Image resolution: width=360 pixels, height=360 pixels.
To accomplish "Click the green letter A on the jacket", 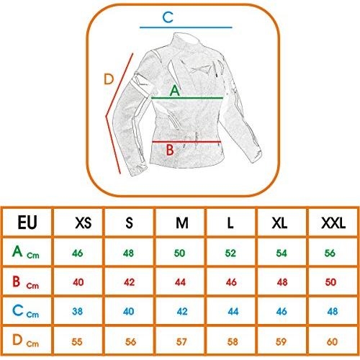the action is [175, 91].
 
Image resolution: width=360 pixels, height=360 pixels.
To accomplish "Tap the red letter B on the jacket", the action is [170, 150].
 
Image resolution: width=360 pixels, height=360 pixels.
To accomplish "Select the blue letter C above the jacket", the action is [168, 17].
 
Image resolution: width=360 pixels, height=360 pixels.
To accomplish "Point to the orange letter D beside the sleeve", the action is [109, 79].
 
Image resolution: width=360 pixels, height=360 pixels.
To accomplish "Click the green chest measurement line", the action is [187, 98].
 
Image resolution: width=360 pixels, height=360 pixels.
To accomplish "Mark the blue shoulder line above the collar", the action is [186, 27].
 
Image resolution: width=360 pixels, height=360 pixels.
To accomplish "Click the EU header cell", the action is [27, 222].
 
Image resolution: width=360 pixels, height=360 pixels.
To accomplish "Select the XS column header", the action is [84, 223].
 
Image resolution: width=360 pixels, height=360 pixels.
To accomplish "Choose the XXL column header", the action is [333, 223].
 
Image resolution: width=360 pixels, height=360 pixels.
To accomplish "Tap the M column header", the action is [182, 223].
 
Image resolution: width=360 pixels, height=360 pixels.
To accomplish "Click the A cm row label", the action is [26, 252].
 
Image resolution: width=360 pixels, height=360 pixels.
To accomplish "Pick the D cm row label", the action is [25, 341].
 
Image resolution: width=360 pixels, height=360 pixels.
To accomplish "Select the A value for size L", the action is [230, 253].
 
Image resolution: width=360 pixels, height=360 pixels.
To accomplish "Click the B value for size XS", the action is [78, 282].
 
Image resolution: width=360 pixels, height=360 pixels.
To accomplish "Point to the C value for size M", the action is [182, 311].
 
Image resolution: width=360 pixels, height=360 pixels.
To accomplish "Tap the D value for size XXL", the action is [333, 341].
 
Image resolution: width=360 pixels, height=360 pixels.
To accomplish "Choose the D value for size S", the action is [130, 341].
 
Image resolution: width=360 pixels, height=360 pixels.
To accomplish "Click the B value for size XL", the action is [282, 282].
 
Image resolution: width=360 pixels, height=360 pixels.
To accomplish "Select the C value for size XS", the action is [77, 311].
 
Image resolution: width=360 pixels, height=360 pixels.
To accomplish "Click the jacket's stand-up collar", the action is [186, 40].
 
